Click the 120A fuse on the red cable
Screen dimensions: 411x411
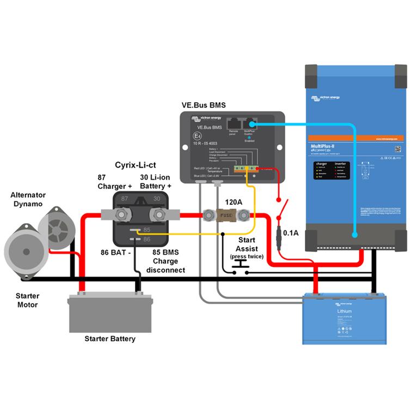pyautogui.click(x=224, y=216)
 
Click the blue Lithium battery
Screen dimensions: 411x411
pyautogui.click(x=346, y=318)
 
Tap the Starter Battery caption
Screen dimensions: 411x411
pyautogui.click(x=109, y=339)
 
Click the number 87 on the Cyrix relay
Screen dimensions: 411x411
pyautogui.click(x=125, y=200)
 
